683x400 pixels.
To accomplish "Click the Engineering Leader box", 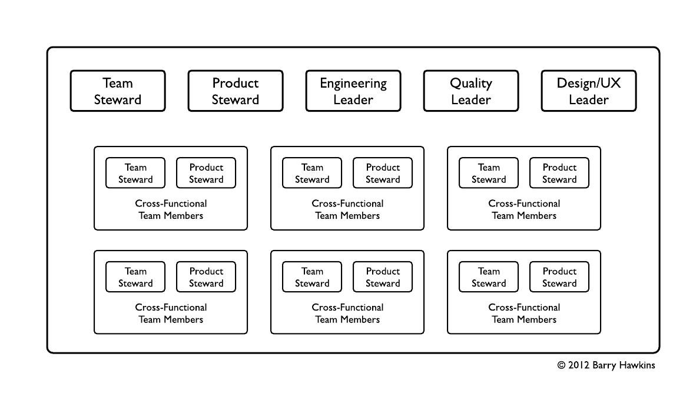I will pos(353,91).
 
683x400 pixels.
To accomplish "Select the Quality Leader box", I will pos(471,91).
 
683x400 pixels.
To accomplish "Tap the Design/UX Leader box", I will pos(589,91).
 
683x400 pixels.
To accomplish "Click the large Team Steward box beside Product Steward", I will pos(118,91).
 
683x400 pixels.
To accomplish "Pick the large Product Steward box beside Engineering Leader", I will pos(236,91).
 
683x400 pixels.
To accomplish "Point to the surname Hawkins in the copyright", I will pos(636,365).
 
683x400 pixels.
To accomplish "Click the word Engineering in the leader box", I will pos(353,84).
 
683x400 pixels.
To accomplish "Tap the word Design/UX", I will pos(589,84).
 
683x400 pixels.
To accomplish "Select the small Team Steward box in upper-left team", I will pos(135,173).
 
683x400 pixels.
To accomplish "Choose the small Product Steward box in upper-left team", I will pos(206,173).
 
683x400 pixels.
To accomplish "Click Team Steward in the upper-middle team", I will pos(312,173).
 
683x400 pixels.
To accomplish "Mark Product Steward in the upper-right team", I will pos(559,173).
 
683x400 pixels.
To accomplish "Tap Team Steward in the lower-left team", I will pos(135,277).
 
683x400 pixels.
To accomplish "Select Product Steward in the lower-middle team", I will pos(383,277).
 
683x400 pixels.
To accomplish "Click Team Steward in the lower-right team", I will pos(489,277).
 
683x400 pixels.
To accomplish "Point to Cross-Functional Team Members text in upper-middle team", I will pos(347,209).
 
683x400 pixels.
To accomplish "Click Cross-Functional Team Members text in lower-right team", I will pos(524,314).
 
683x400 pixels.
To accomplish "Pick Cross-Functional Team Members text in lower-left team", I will pos(171,314).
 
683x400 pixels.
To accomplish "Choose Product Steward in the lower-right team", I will pos(559,277).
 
